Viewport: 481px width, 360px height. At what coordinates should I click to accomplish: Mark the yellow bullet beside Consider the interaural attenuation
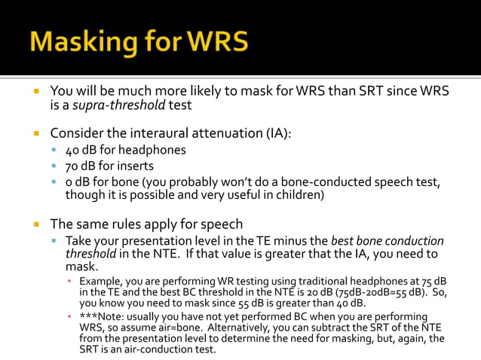(35, 133)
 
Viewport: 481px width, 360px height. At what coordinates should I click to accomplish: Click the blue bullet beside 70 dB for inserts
(54, 166)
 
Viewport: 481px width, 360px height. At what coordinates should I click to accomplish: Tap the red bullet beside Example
(69, 281)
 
